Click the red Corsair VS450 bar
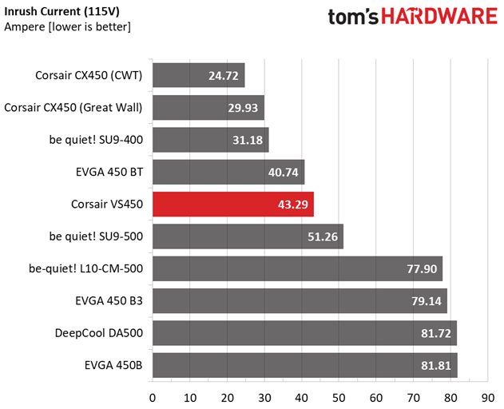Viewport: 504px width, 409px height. pyautogui.click(x=232, y=204)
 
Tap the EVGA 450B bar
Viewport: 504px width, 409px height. pyautogui.click(x=304, y=365)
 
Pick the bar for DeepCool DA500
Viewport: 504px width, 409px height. pyautogui.click(x=304, y=333)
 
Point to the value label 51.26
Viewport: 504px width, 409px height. pyautogui.click(x=322, y=237)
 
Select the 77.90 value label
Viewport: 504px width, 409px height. pyautogui.click(x=421, y=269)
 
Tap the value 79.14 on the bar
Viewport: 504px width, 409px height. pyautogui.click(x=426, y=301)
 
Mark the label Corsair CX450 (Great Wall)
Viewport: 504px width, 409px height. pyautogui.click(x=73, y=108)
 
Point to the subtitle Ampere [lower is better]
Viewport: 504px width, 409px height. pyautogui.click(x=67, y=26)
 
